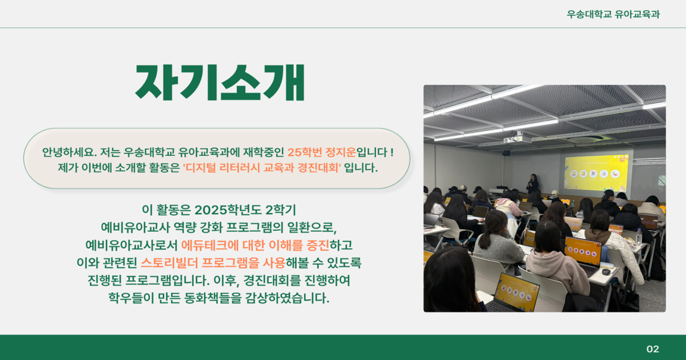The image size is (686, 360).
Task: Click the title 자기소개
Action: pyautogui.click(x=220, y=83)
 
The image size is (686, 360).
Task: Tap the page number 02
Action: pyautogui.click(x=652, y=349)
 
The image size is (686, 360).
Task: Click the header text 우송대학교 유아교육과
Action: pyautogui.click(x=613, y=14)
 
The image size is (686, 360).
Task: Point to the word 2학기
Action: pyautogui.click(x=280, y=210)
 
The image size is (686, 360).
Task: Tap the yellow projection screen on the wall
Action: pyautogui.click(x=596, y=173)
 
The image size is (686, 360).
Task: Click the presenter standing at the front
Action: pyautogui.click(x=532, y=184)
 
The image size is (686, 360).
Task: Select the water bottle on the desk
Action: pyautogui.click(x=639, y=237)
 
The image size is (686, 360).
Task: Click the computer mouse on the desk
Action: pyautogui.click(x=606, y=272)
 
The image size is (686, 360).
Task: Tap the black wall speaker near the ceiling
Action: pyautogui.click(x=506, y=153)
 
